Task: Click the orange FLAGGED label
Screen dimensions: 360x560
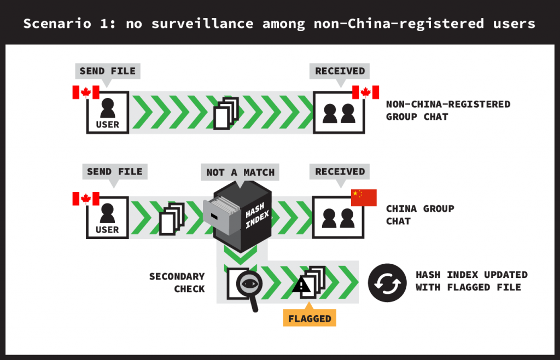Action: pos(310,318)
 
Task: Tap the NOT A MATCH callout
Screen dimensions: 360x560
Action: pos(240,172)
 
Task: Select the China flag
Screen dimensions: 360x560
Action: pos(364,198)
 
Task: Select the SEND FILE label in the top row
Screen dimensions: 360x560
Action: pos(108,71)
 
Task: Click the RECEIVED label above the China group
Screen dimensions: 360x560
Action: pos(340,171)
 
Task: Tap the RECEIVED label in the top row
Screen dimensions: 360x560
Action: pos(340,71)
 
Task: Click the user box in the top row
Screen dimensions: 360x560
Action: pos(107,112)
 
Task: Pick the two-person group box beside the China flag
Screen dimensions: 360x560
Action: pos(338,217)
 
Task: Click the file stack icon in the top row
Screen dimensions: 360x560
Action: pos(226,113)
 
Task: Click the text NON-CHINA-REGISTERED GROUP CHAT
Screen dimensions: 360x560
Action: pos(448,110)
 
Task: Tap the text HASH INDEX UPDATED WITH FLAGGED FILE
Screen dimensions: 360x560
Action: pos(471,281)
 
